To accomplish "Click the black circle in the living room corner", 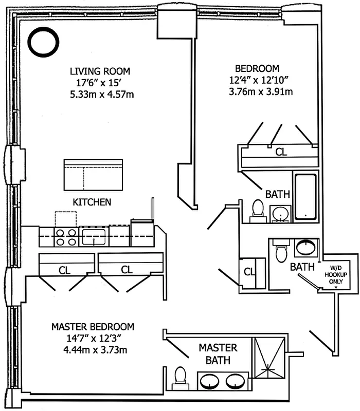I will [44, 42].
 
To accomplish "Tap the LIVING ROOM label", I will [100, 71].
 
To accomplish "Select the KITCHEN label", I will [92, 202].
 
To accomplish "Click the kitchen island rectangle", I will [93, 175].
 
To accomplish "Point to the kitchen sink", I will [93, 236].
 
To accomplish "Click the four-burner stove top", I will [66, 237].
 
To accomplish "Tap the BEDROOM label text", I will [257, 68].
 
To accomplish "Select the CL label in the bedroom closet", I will [281, 152].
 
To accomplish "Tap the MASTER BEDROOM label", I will [93, 327].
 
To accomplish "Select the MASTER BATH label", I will [218, 354].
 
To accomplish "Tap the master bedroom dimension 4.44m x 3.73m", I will [94, 350].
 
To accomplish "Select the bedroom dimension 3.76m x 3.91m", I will [261, 92].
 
